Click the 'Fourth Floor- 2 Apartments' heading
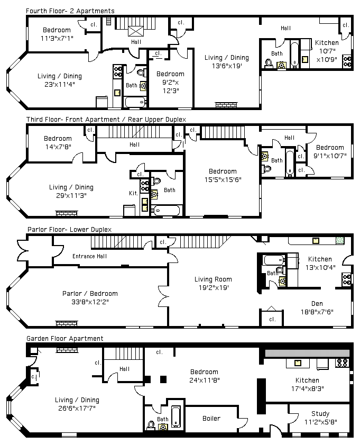[70, 11]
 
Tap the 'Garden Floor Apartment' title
[65, 338]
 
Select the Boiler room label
[211, 418]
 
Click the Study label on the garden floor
[320, 414]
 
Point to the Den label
[317, 304]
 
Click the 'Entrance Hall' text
[90, 256]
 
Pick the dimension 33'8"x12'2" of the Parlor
[90, 302]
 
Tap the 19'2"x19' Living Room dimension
[214, 288]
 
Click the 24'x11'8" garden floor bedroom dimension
[205, 380]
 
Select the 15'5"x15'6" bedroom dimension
[223, 179]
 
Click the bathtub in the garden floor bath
[176, 416]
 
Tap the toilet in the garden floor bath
[151, 425]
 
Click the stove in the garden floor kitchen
[342, 363]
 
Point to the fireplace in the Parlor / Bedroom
[67, 323]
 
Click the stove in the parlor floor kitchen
[347, 279]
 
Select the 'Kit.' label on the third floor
[133, 193]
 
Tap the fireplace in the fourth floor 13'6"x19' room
[226, 105]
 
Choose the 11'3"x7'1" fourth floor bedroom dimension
[57, 38]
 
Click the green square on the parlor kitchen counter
[340, 241]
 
